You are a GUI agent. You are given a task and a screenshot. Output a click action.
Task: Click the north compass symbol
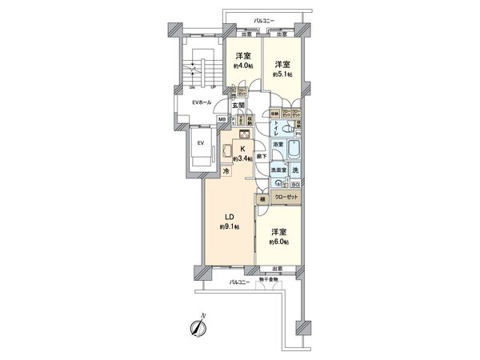195,328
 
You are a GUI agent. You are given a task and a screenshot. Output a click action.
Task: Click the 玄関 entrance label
238,106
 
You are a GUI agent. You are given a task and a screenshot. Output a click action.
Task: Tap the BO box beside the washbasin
295,184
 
